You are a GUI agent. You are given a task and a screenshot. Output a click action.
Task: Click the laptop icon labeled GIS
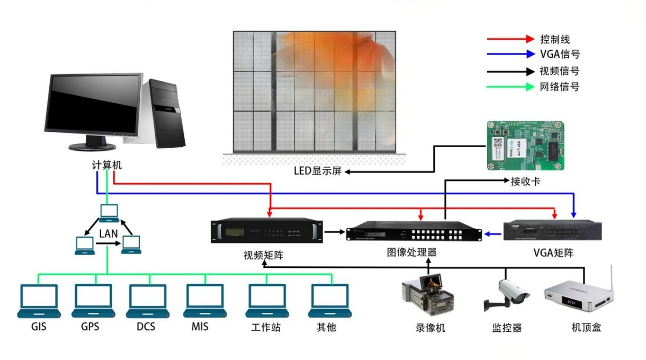(38, 300)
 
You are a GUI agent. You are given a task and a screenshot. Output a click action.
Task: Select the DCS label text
(146, 327)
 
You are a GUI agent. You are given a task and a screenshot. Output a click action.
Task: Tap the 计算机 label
(106, 165)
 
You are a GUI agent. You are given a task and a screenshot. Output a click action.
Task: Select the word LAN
(108, 233)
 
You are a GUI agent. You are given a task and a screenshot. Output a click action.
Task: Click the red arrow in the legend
(510, 39)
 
